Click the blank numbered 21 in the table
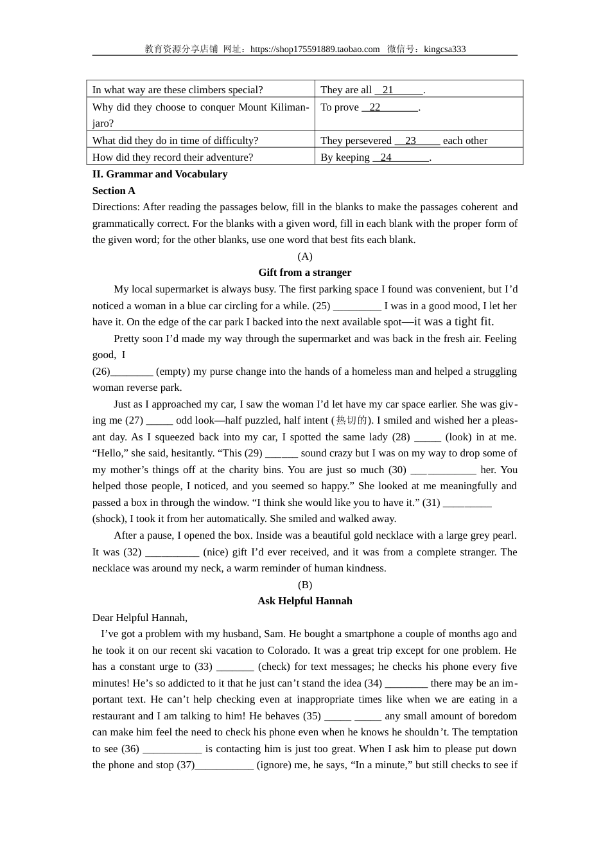[399, 90]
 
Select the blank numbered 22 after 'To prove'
[390, 107]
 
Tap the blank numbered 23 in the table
[417, 141]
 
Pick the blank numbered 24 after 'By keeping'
[401, 157]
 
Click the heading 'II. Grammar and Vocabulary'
[160, 174]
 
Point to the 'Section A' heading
[114, 191]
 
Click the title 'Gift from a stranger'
[305, 273]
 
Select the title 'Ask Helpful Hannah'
[305, 601]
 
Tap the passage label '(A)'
[305, 256]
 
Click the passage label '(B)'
[305, 585]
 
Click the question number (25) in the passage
[321, 306]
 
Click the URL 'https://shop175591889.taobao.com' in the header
[315, 50]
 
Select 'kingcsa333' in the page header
[445, 50]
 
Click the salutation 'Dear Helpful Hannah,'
[140, 618]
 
